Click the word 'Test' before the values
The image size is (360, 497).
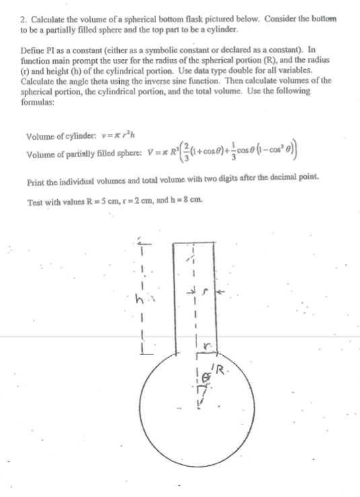34,201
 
